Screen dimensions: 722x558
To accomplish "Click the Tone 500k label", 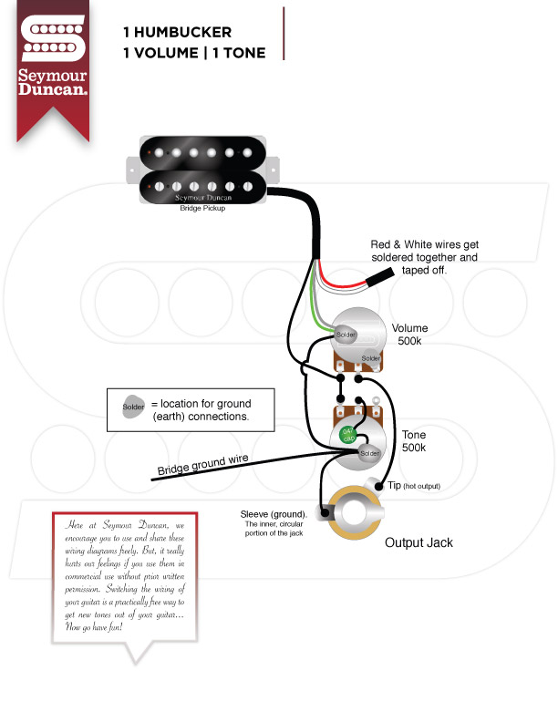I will pyautogui.click(x=414, y=442).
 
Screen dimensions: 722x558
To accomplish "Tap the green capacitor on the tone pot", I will pyautogui.click(x=347, y=435).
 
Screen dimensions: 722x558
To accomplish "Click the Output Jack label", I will pyautogui.click(x=418, y=542).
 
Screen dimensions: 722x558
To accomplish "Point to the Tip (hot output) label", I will pyautogui.click(x=414, y=486).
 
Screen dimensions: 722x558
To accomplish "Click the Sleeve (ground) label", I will pyautogui.click(x=274, y=515).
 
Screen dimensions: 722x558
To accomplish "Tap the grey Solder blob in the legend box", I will pyautogui.click(x=131, y=407).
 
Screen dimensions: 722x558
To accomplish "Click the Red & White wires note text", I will pyautogui.click(x=424, y=257).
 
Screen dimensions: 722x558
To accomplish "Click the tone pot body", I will pyautogui.click(x=356, y=443).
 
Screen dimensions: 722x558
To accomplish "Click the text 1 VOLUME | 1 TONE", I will pyautogui.click(x=194, y=53).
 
